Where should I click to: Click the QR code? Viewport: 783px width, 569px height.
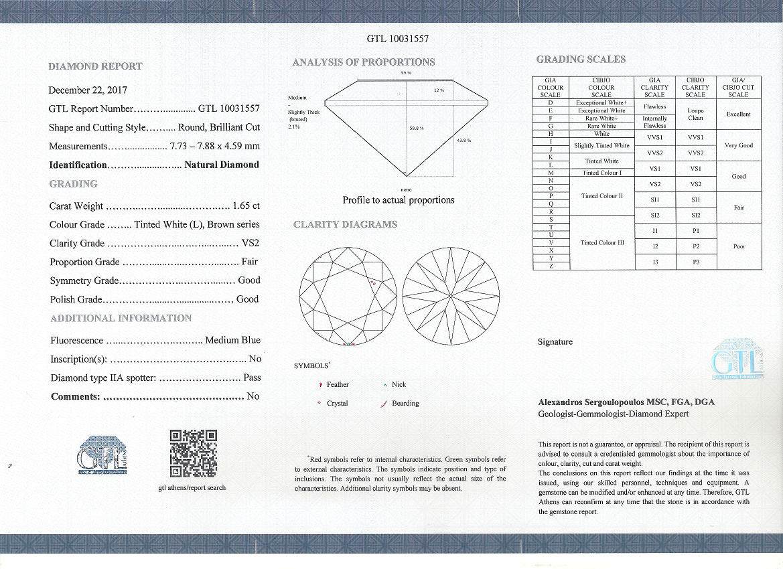(193, 453)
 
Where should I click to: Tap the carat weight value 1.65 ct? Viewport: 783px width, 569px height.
(246, 206)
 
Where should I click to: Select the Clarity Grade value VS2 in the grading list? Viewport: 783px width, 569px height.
(250, 244)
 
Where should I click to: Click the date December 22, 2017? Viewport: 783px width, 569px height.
(88, 90)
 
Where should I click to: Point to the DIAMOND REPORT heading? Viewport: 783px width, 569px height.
(95, 66)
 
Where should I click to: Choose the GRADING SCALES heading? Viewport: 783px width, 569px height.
(581, 60)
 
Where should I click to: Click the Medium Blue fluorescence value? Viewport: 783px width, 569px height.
(233, 340)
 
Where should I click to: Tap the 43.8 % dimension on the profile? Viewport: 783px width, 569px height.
(464, 141)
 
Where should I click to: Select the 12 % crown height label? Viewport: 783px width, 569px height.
(439, 90)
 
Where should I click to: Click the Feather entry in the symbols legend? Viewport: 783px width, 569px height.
(338, 385)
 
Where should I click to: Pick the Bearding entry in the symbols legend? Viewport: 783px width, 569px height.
(405, 404)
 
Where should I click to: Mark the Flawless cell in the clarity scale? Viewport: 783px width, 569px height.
(654, 106)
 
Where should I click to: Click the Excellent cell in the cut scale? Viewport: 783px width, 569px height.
(738, 114)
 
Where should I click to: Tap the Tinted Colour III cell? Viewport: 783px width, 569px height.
(601, 243)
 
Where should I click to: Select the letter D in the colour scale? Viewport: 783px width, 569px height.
(550, 103)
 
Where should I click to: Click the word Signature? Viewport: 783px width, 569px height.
(555, 342)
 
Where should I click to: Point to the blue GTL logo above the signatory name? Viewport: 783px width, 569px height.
(737, 359)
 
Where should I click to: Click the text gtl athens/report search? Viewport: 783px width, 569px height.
(192, 487)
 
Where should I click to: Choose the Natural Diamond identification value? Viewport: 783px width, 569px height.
(222, 165)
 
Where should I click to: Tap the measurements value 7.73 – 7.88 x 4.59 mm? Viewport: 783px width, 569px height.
(215, 146)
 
